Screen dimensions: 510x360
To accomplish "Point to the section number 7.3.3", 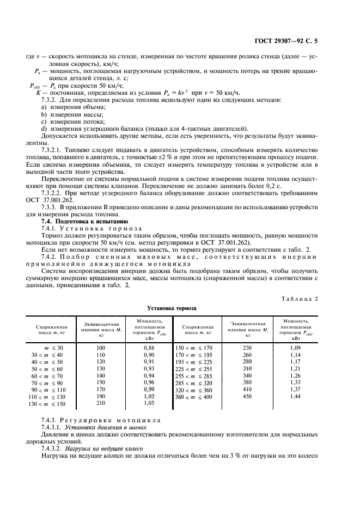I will coord(50,207).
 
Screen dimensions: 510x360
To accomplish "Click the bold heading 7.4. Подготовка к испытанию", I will coord(84,221).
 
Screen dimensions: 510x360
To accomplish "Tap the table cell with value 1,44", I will coord(296,397).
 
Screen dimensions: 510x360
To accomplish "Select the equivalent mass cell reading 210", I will coord(101,404).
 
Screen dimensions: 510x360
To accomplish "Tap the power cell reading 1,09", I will coord(296,347).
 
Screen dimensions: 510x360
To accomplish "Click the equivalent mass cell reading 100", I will coord(101,347).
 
